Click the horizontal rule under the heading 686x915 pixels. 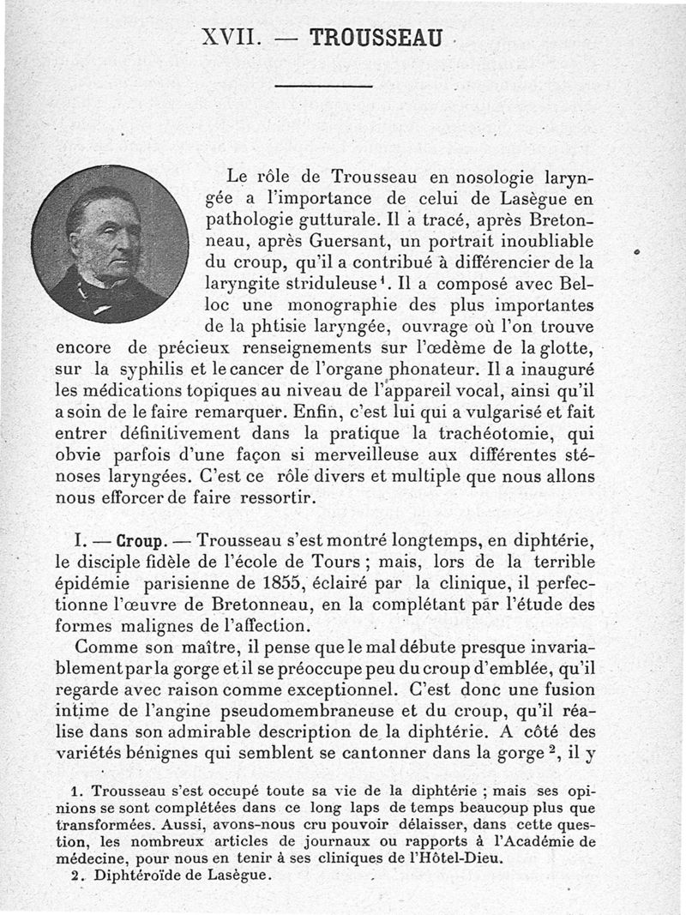point(323,86)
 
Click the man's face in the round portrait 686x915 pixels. point(107,238)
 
